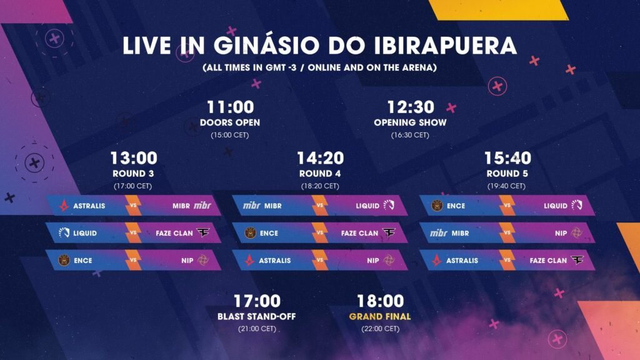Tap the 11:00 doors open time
[231, 107]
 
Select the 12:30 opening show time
[411, 107]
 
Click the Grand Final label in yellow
[380, 316]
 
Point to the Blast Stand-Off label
[257, 316]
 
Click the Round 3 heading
[134, 174]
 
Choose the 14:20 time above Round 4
[321, 158]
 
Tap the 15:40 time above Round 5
[507, 158]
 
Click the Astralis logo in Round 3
[64, 205]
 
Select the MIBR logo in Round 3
[202, 205]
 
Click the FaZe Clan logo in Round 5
[577, 260]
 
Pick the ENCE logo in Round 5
[437, 205]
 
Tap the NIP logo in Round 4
[389, 260]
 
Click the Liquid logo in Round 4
[389, 205]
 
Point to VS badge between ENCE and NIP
[133, 260]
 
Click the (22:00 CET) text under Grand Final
[380, 329]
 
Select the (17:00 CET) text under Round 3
[133, 186]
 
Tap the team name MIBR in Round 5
[460, 233]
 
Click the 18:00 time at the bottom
[381, 301]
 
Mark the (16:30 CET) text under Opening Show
[410, 135]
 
